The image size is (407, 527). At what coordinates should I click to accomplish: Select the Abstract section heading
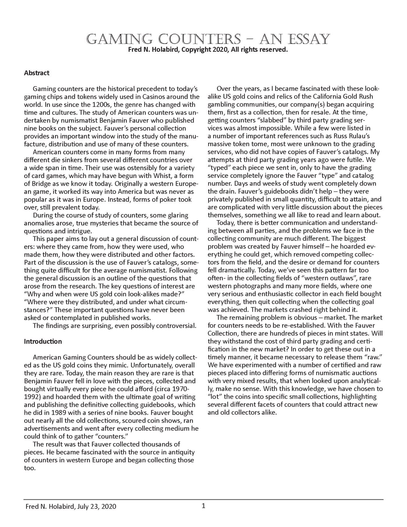click(x=37, y=73)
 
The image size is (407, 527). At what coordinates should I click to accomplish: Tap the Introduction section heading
click(x=43, y=341)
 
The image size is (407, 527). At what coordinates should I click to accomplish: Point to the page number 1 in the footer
click(x=203, y=506)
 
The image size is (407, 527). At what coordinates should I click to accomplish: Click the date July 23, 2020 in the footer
click(x=96, y=507)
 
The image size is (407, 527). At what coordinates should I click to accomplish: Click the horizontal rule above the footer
click(x=203, y=499)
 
